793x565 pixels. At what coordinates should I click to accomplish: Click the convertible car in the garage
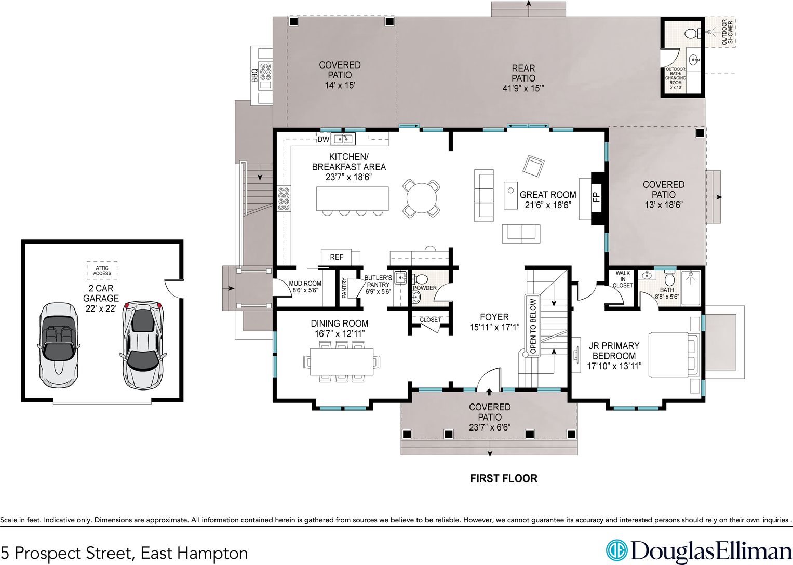[59, 344]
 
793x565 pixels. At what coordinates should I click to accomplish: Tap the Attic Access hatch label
[102, 271]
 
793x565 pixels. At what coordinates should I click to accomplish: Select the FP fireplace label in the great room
[597, 197]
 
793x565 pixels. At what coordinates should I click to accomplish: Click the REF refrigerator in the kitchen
[337, 257]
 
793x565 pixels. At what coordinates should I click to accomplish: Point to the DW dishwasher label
[323, 140]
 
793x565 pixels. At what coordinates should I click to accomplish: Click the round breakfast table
[421, 198]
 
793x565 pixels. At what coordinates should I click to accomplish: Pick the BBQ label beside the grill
[254, 75]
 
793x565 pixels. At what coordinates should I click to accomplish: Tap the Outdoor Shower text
[728, 33]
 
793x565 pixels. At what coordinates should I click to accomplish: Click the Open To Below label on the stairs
[533, 326]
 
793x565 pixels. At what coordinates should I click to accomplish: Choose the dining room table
[342, 362]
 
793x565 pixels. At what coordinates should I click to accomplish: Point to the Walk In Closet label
[623, 279]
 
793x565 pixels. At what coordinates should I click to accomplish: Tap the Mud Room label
[305, 283]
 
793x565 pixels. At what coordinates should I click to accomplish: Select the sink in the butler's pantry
[400, 277]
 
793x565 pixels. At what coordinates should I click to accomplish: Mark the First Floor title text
[503, 479]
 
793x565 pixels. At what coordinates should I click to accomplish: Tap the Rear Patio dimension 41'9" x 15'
[523, 88]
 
